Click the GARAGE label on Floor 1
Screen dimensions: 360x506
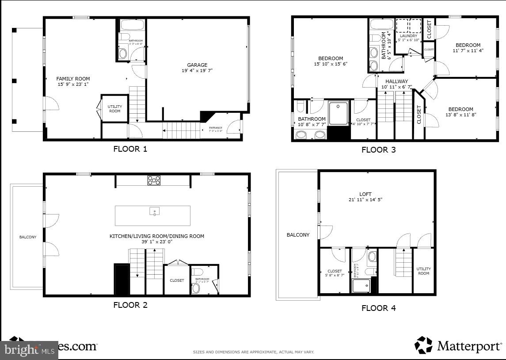[x=197, y=65]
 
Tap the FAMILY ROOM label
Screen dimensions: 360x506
[x=73, y=79]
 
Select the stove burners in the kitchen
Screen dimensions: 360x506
[x=154, y=180]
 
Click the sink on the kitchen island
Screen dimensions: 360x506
[x=154, y=211]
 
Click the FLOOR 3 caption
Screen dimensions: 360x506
[x=378, y=149]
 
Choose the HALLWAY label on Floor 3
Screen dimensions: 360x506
[x=396, y=81]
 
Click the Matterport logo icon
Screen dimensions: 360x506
[x=423, y=345]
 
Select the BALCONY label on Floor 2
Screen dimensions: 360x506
[x=28, y=237]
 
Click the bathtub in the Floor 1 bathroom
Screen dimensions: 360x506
[x=131, y=24]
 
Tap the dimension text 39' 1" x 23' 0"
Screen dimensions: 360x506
[x=156, y=242]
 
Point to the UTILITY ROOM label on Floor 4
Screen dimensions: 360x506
[x=423, y=271]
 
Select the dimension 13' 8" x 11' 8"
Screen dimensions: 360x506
[x=460, y=115]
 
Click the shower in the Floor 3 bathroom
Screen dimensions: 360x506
[x=339, y=112]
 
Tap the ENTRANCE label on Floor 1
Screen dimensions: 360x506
[x=216, y=128]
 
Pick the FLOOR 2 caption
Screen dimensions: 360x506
[x=130, y=305]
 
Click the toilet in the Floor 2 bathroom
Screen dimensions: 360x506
[x=196, y=287]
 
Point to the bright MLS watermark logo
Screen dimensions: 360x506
[x=29, y=350]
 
